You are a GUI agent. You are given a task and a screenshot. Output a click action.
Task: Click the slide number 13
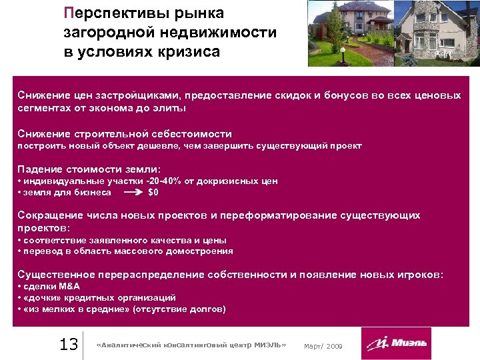coord(69,344)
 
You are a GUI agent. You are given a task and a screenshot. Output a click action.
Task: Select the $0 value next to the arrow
coord(153,192)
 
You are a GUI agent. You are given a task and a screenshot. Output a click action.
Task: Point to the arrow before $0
coord(133,192)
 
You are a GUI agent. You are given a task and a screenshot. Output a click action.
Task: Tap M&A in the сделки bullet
coord(67,286)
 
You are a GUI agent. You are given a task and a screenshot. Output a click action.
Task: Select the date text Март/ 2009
coord(323,346)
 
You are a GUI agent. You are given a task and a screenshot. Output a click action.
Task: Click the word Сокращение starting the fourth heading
coord(49,215)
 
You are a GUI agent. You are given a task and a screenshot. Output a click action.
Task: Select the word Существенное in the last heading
coord(56,274)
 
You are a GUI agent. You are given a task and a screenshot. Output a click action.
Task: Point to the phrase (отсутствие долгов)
coord(180,309)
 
